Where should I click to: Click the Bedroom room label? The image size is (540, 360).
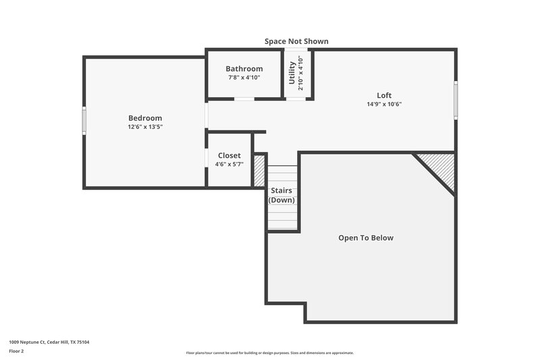145,118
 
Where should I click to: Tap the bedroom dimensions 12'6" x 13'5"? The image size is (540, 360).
145,127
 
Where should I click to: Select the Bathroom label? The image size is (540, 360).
244,69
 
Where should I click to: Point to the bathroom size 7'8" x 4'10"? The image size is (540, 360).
244,78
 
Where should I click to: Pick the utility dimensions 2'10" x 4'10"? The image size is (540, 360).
301,73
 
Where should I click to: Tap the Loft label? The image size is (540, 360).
384,95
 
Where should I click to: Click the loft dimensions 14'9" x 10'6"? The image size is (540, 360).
384,104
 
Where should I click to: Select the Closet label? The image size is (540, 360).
229,155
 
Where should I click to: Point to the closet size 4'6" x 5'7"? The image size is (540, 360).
229,164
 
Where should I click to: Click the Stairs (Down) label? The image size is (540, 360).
281,195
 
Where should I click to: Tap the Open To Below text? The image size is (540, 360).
365,238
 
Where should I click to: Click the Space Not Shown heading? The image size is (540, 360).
296,41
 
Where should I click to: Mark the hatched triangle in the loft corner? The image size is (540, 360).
440,168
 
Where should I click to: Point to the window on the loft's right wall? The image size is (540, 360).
456,100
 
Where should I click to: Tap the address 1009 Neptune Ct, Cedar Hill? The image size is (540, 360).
49,342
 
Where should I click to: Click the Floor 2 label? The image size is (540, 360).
17,351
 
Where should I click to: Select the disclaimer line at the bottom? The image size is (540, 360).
270,353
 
